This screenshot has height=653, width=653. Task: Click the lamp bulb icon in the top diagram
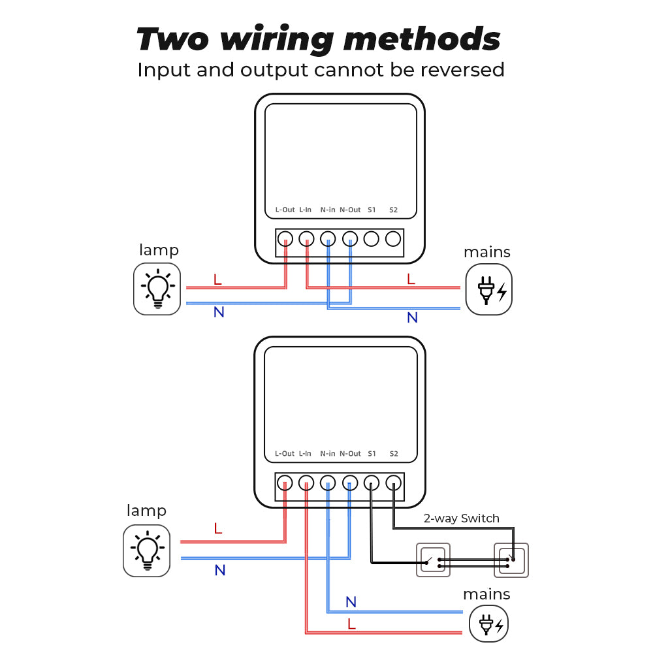click(x=157, y=289)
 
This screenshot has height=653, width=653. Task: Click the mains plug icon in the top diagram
click(x=488, y=289)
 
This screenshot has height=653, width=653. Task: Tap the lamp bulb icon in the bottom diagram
click(x=146, y=550)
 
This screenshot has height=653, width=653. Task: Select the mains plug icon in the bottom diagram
click(x=488, y=624)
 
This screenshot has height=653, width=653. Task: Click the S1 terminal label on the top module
click(x=372, y=210)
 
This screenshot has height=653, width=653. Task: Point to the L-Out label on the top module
click(x=285, y=210)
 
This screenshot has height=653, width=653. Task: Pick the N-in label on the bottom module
click(x=328, y=453)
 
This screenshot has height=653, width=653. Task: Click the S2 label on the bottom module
click(x=393, y=453)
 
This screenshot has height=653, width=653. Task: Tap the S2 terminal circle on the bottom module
click(x=393, y=483)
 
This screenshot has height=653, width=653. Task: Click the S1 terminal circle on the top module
click(x=372, y=239)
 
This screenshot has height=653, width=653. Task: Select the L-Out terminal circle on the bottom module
click(x=285, y=483)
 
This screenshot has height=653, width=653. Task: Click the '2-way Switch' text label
click(x=461, y=518)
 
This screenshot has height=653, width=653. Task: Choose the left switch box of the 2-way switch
click(x=434, y=560)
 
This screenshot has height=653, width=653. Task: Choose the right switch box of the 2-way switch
click(x=511, y=560)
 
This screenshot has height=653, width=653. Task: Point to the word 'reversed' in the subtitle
click(x=462, y=70)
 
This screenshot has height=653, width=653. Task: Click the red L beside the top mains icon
click(x=411, y=279)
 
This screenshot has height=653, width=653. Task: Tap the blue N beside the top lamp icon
click(x=219, y=312)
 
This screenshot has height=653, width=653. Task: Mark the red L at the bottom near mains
click(x=351, y=624)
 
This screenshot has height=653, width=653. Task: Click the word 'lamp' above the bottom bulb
click(x=146, y=511)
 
